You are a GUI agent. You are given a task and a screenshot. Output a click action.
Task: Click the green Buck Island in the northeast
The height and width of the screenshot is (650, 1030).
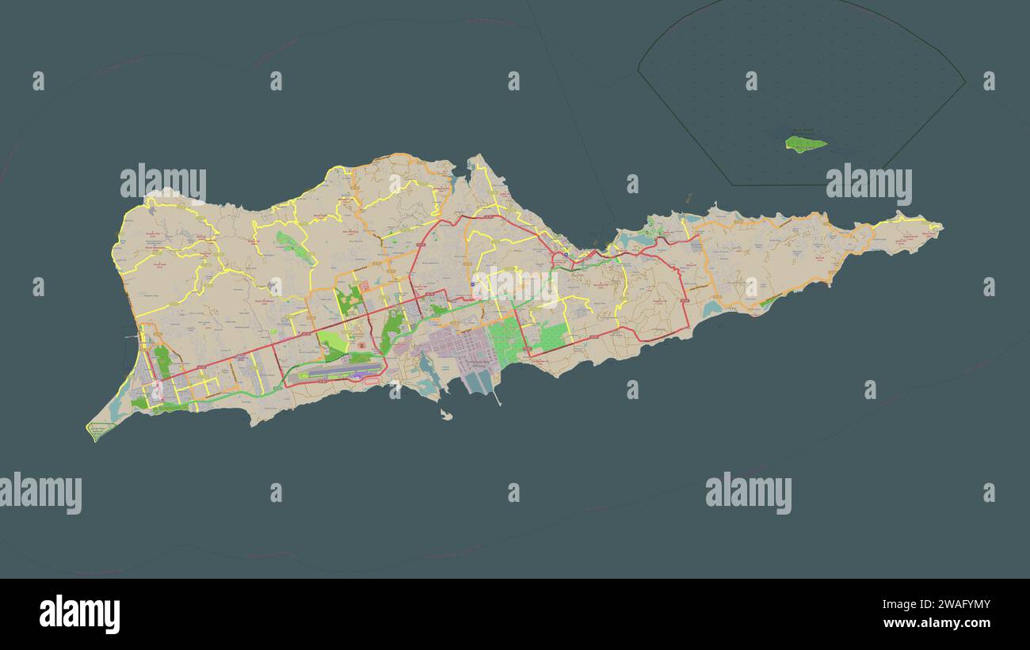point(805,143)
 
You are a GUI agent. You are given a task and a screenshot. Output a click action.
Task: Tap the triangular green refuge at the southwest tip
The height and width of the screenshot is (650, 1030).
point(100,431)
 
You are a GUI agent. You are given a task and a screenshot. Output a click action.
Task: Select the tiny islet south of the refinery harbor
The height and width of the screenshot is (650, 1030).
point(447,414)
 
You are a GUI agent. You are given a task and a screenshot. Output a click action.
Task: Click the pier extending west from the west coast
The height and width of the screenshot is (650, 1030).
point(132,337)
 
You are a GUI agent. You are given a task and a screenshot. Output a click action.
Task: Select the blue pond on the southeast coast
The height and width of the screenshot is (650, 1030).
point(711,309)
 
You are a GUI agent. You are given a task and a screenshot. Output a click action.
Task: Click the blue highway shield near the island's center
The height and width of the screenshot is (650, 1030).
point(473,283)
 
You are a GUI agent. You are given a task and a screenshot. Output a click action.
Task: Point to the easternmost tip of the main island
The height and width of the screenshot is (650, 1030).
point(941,227)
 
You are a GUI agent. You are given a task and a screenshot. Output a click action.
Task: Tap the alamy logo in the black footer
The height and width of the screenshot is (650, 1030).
point(79,614)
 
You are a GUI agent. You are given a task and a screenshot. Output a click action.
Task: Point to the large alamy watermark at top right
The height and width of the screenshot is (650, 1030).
point(868,184)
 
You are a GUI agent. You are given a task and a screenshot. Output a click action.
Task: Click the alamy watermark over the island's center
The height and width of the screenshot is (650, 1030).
point(515,287)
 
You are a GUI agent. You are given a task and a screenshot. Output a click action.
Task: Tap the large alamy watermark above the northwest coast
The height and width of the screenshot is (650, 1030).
point(163,183)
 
